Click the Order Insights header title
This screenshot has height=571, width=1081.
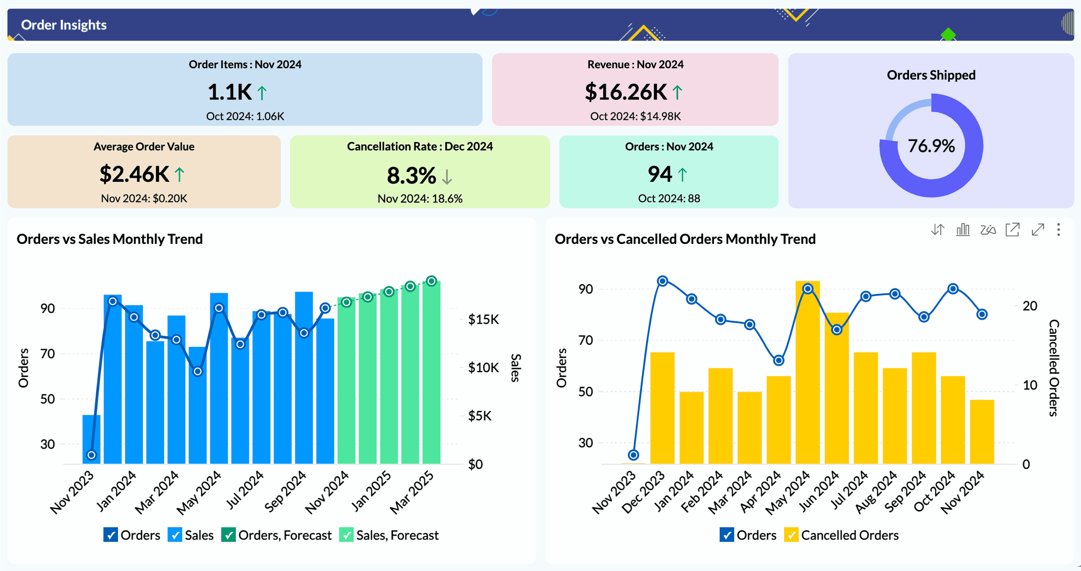[64, 25]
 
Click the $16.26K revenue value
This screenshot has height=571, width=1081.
[626, 92]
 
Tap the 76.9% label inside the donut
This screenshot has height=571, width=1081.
[931, 146]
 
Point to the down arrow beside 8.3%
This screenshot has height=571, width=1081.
[447, 176]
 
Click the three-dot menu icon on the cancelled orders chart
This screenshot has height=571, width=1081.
[1058, 230]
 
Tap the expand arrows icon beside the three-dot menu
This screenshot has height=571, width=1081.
[1037, 230]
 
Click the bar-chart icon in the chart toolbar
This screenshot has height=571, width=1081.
[963, 230]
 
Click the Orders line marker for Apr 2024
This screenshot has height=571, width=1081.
[778, 360]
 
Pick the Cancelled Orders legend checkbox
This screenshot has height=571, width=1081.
[791, 535]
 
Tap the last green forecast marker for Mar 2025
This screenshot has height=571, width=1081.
[431, 281]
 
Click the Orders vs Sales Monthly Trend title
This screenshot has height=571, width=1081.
[110, 239]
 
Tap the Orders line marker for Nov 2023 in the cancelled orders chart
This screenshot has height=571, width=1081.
[633, 455]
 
